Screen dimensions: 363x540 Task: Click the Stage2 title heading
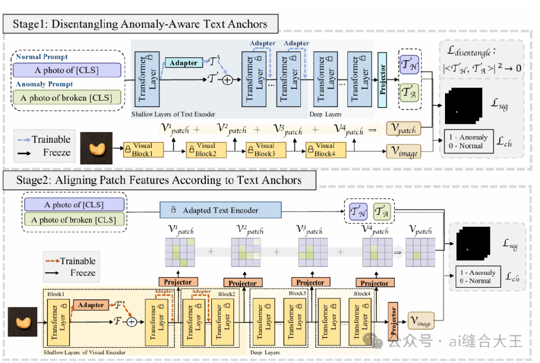pos(159,180)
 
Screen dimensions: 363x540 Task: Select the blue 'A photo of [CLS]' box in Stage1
pos(68,70)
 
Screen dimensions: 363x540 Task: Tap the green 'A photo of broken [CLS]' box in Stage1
pos(68,98)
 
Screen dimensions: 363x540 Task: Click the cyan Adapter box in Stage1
pos(184,63)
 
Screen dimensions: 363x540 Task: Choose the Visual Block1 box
pos(143,149)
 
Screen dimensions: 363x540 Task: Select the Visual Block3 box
pos(264,149)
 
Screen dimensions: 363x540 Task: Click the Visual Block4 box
pos(323,149)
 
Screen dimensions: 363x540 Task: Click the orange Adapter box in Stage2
pos(91,305)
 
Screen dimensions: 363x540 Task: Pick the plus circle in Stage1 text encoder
pos(227,80)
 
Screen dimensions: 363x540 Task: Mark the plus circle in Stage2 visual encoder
pos(131,322)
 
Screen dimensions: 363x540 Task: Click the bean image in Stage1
pos(96,148)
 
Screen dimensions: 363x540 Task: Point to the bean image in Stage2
pos(22,322)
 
